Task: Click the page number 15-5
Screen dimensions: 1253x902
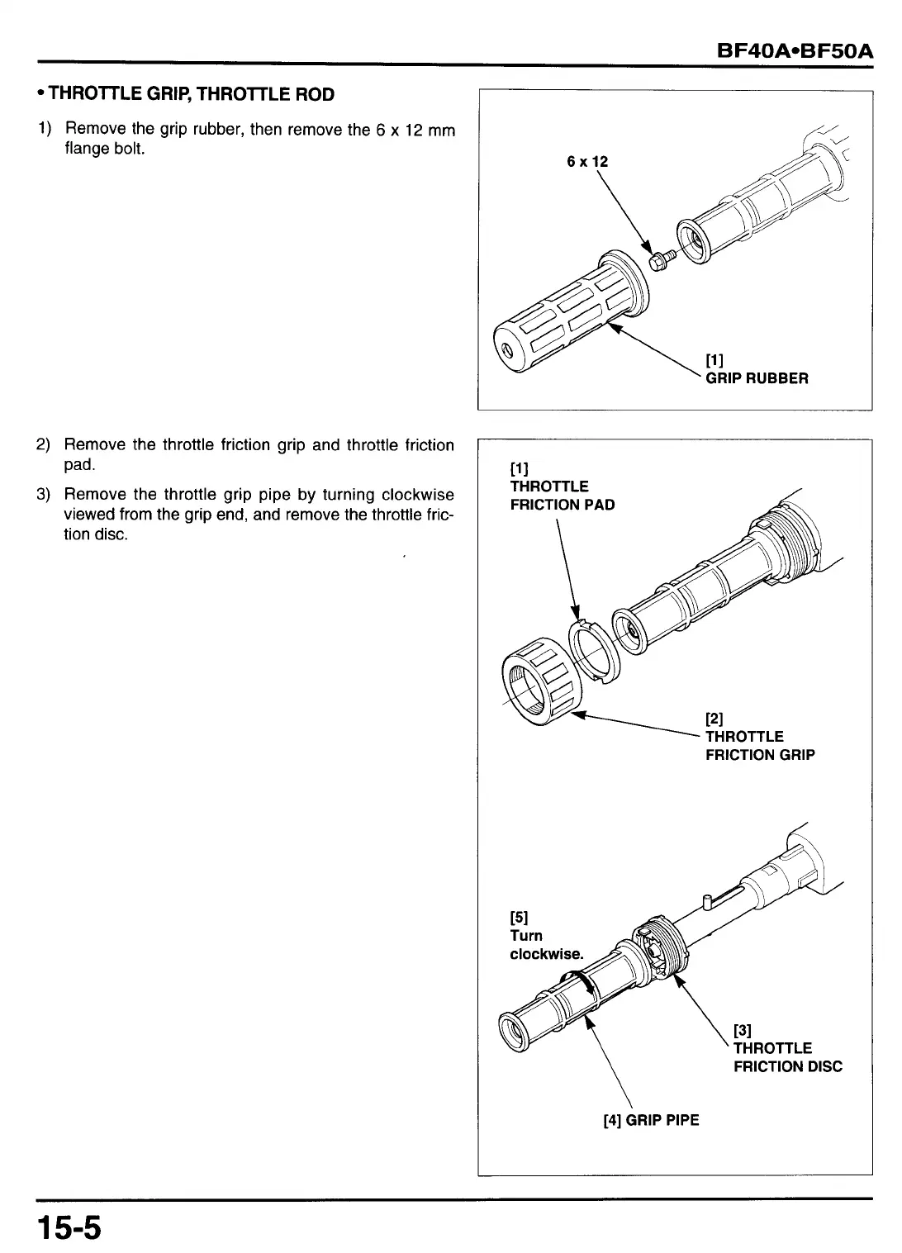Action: (x=69, y=1227)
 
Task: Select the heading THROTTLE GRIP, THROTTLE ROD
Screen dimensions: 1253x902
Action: (x=191, y=94)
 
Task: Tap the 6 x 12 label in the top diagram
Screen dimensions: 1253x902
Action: (x=587, y=162)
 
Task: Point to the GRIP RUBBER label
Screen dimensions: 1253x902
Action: (x=757, y=378)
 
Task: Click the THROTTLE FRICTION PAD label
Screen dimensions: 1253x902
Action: (x=562, y=495)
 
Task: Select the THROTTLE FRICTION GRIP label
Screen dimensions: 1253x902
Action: (x=759, y=745)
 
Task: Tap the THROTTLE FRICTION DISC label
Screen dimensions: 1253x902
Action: (x=787, y=1057)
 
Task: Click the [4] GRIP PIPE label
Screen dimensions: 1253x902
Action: (x=651, y=1120)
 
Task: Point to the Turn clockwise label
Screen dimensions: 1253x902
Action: (x=546, y=945)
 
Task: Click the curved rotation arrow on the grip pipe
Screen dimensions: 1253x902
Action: (x=586, y=984)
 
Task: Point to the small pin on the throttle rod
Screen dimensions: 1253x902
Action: (x=707, y=900)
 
